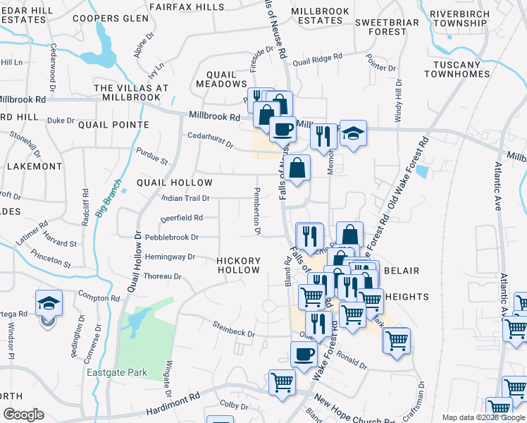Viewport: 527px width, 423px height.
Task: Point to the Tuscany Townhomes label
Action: click(457, 69)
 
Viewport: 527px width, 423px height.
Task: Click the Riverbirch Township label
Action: click(458, 18)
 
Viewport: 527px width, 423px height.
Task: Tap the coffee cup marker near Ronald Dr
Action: click(304, 353)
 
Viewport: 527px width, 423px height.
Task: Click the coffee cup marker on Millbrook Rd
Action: click(283, 129)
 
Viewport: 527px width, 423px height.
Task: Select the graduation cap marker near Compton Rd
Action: click(47, 303)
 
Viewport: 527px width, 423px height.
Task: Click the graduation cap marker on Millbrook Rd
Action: click(353, 133)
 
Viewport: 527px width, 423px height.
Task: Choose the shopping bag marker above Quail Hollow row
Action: click(298, 168)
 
